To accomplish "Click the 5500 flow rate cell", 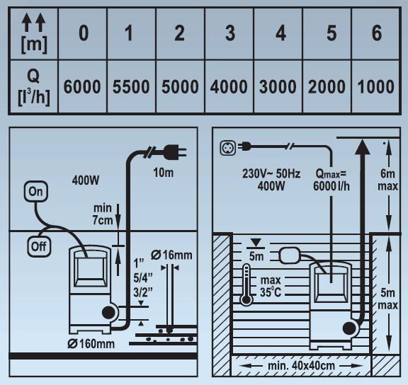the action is coord(131,87).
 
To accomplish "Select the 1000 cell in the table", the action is coord(376,87).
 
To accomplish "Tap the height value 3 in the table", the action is coord(230,33).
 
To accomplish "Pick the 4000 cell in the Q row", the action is coord(229,87).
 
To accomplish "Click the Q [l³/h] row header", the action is coord(34,87).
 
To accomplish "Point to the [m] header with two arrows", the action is coord(34,34).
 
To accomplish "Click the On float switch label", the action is coord(36,192).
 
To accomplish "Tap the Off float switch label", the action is coord(39,246).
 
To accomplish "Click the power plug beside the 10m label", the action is coord(174,152).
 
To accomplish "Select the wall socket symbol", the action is coord(228,148).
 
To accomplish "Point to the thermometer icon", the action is coord(246,285).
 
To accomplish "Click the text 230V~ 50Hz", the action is coord(271,173).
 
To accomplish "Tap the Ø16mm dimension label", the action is coord(171,255).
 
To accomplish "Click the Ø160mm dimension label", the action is coord(91,344).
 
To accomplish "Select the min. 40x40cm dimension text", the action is coord(301,366).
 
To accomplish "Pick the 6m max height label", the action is coord(387,180).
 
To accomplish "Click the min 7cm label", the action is coord(103,214).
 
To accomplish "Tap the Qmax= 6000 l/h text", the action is coord(331,180).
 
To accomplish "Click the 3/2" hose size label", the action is coord(143,293).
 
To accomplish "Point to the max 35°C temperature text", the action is coord(271,286).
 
